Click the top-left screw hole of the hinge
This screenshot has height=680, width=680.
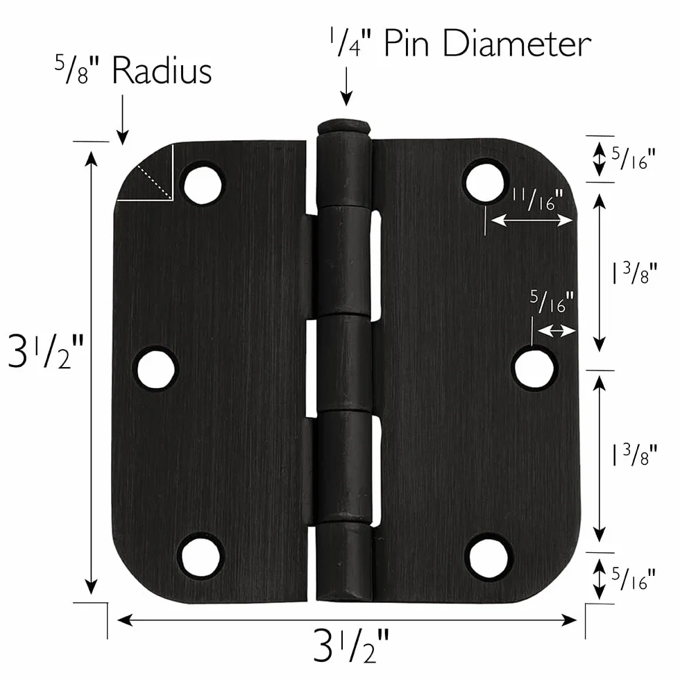(x=203, y=185)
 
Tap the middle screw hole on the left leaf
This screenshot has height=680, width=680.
(x=155, y=368)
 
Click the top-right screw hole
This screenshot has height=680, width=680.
(x=486, y=182)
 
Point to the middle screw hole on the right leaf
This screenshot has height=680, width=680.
(x=534, y=368)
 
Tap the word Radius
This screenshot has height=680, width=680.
(x=162, y=71)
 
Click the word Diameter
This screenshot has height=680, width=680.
(x=516, y=44)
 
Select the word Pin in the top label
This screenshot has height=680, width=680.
(x=407, y=44)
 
